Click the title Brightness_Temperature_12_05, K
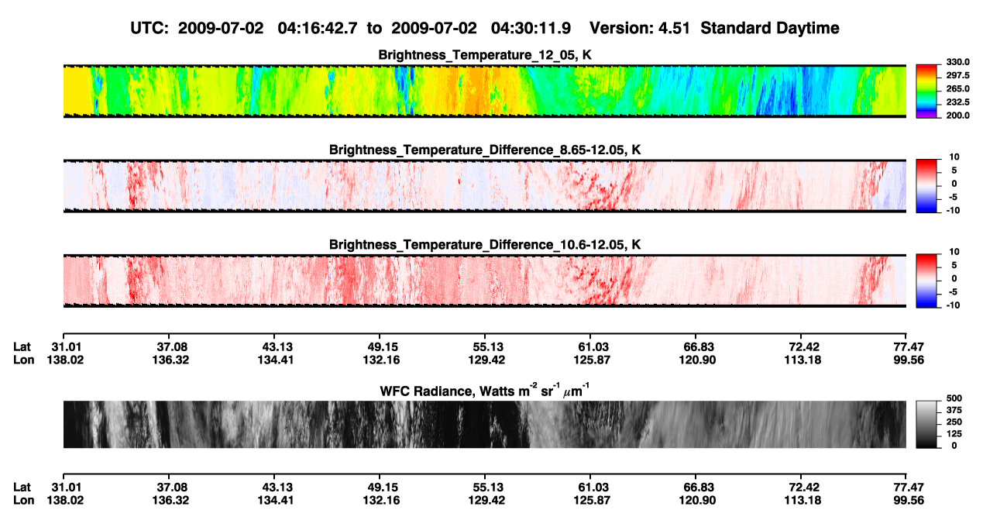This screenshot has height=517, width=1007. pos(485,55)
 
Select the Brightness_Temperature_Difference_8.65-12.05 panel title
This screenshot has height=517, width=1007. pos(485,150)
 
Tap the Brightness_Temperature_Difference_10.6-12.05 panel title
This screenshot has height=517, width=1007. pos(485,245)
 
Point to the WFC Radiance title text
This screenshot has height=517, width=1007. pos(485,391)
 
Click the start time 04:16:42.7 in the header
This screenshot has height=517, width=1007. pos(318,29)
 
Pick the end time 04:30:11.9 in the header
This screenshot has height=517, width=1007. pos(531,29)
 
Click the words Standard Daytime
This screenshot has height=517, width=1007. pos(770,29)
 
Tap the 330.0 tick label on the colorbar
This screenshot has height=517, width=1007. pos(957,62)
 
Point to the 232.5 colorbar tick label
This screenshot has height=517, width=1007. pos(957,102)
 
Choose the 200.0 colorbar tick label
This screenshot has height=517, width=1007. pos(957,115)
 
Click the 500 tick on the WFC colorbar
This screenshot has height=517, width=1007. pos(954,398)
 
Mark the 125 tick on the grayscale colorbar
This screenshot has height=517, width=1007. pos(954,434)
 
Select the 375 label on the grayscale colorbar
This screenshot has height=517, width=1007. pos(954,410)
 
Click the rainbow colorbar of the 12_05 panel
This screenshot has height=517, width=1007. pos(926,91)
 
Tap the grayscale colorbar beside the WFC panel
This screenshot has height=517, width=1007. pos(926,424)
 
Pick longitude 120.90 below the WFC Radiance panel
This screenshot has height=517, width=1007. pos(697,501)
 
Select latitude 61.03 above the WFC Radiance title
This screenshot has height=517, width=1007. pos(593,347)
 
